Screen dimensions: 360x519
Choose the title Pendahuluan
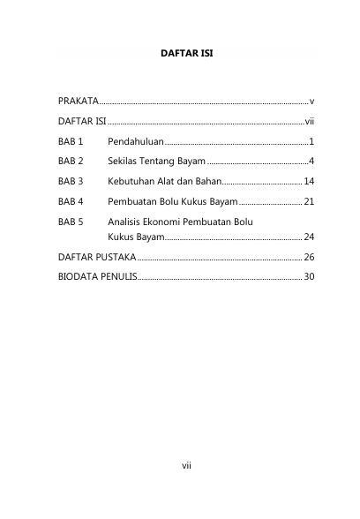click(136, 141)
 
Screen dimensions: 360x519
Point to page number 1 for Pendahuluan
click(312, 141)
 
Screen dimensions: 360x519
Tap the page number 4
click(312, 162)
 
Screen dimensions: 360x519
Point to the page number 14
click(309, 182)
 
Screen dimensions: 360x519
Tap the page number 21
click(309, 202)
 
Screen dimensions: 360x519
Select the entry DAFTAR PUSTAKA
click(96, 257)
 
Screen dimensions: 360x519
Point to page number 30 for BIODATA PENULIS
click(309, 277)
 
